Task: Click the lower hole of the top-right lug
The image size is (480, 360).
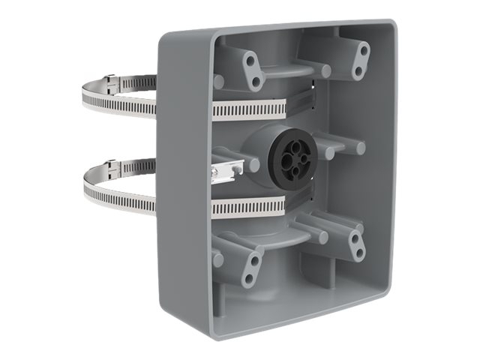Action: coord(358,71)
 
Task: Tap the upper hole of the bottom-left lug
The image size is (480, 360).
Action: coord(254,261)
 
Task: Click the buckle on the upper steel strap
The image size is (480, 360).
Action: coord(110,79)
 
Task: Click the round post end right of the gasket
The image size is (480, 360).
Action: coord(360,148)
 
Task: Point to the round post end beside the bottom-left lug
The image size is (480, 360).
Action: coord(217,259)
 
